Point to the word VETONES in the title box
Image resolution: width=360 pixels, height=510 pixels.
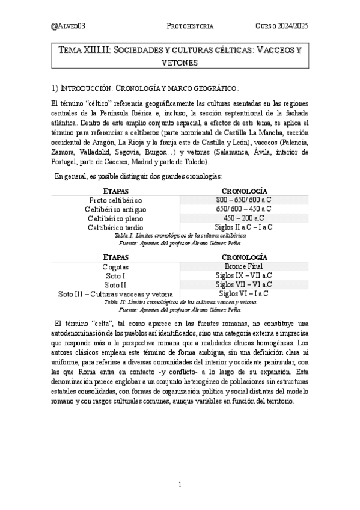click(x=180, y=62)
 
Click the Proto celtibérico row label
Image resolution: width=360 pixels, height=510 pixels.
click(x=115, y=200)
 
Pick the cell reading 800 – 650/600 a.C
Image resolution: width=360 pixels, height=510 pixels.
click(x=244, y=199)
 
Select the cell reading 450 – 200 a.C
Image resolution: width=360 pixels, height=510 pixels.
click(x=244, y=218)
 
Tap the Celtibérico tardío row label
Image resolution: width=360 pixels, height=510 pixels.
click(x=115, y=227)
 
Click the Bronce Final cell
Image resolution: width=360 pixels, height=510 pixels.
click(x=244, y=266)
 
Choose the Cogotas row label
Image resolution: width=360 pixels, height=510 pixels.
click(x=115, y=266)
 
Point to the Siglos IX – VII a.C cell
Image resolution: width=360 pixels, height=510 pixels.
click(x=244, y=275)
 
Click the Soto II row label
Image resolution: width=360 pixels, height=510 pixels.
click(x=115, y=285)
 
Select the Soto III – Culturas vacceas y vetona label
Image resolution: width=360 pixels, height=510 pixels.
click(x=115, y=294)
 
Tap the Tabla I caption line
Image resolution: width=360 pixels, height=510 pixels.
click(x=180, y=236)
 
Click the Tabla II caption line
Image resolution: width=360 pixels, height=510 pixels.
click(x=180, y=303)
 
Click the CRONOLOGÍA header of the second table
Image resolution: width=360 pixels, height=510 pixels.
click(x=244, y=257)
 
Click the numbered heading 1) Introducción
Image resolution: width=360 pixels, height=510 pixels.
click(x=147, y=87)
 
